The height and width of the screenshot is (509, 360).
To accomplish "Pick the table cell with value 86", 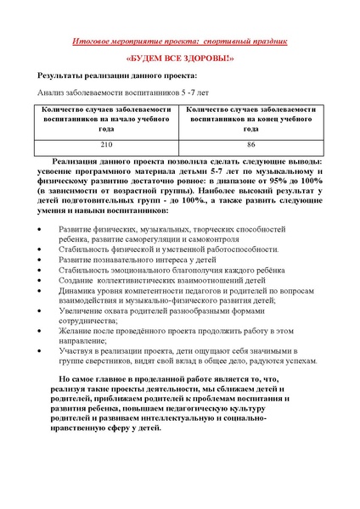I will coord(251,145).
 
